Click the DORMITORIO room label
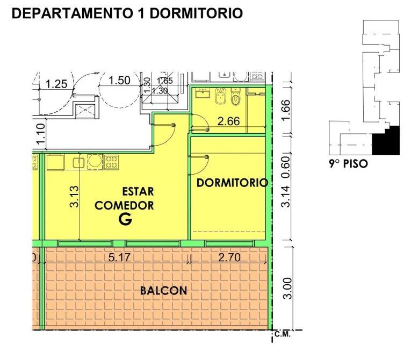pos(232,183)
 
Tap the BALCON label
pos(163,291)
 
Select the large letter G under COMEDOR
pos(125,219)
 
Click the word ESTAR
pos(138,191)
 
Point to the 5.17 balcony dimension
pos(119,257)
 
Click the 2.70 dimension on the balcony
pos(229,257)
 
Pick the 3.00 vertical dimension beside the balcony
pos(287,288)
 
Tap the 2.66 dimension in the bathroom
pos(228,121)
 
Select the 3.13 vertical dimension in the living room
pos(75,197)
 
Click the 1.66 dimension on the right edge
pos(286,110)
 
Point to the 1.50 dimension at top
pos(119,80)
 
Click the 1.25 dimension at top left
pos(56,84)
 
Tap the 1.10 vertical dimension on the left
pos(41,134)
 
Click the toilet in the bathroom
pos(236,96)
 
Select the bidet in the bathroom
pos(220,96)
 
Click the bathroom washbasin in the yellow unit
pos(203,93)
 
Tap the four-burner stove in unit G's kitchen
pos(111,162)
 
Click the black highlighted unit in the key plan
pos(386,141)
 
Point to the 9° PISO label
pos(348,164)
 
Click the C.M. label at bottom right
pos(283,334)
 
